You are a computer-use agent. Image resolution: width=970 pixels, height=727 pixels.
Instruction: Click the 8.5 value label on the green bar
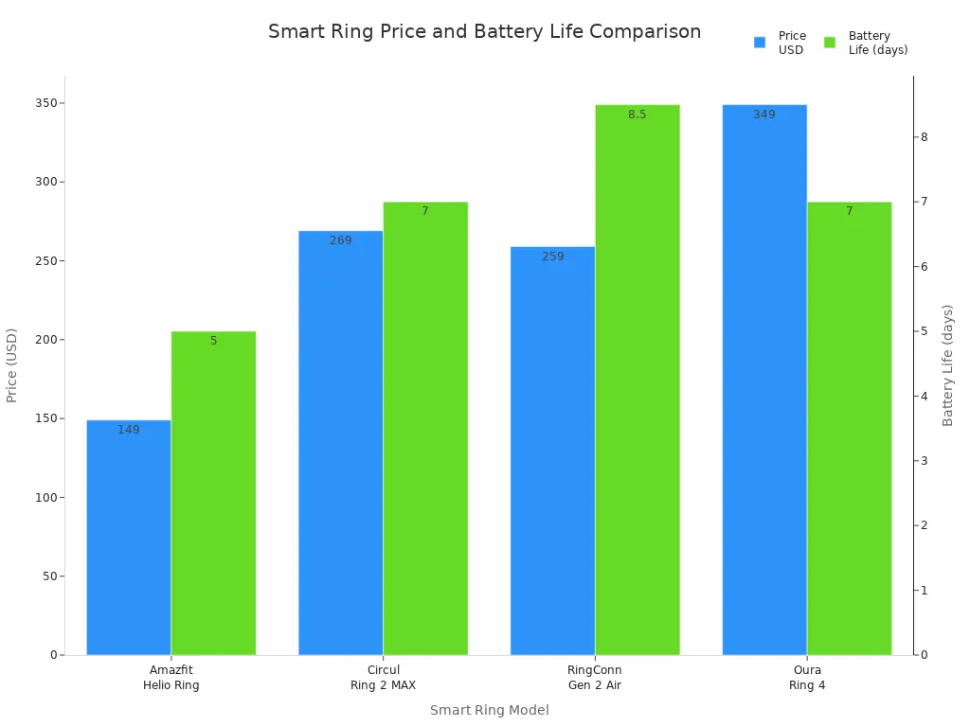click(638, 115)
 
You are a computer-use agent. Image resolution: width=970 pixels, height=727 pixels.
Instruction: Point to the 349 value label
click(764, 115)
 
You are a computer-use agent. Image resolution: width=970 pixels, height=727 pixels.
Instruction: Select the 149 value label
click(129, 430)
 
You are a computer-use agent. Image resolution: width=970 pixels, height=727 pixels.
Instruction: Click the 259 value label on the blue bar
click(553, 257)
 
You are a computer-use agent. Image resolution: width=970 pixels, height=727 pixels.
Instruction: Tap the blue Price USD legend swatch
click(760, 43)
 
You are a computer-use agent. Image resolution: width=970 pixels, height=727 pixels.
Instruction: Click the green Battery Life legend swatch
click(830, 43)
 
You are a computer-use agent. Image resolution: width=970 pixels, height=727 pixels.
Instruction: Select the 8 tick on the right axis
click(924, 137)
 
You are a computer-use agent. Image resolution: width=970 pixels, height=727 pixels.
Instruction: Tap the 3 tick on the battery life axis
click(924, 461)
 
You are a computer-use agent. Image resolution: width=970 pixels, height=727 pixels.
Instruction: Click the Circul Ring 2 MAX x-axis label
click(383, 678)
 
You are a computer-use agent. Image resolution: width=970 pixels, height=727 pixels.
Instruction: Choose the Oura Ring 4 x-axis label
click(807, 678)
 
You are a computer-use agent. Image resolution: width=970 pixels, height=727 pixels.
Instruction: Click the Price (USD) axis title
click(12, 365)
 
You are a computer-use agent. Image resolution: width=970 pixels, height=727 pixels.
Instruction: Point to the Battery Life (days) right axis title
click(948, 365)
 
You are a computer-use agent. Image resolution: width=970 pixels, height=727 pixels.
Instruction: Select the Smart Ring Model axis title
click(489, 710)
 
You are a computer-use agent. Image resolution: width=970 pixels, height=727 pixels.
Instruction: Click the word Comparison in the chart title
click(645, 32)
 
